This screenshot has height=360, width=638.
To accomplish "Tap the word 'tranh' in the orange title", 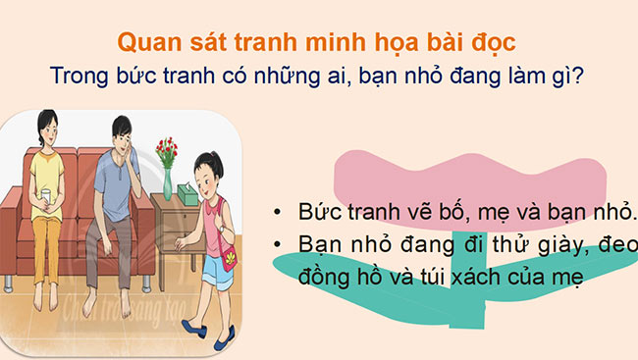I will (x=272, y=42).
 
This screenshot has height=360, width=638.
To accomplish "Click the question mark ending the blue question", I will (x=582, y=74).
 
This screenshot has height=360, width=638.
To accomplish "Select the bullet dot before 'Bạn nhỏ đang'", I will (x=280, y=244).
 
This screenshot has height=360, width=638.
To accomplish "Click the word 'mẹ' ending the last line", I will (x=569, y=278).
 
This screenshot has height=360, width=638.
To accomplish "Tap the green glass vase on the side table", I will (x=168, y=181).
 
